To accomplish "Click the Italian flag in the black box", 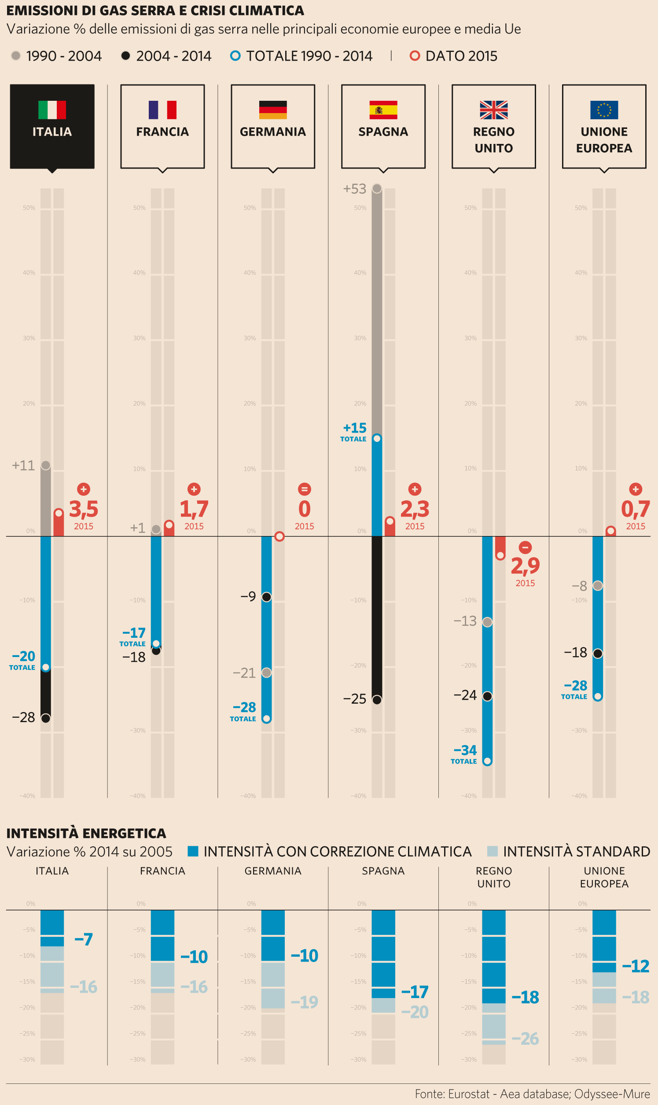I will (x=52, y=110).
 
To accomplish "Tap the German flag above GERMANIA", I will (x=273, y=110).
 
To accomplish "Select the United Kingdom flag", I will (x=493, y=110).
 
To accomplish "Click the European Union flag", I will (x=604, y=110).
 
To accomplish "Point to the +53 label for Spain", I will (x=355, y=189).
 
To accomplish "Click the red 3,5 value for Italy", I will (x=83, y=509).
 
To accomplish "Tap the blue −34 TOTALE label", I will (x=465, y=750).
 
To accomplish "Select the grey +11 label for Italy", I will (x=23, y=466).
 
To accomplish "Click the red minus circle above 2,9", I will (x=525, y=547).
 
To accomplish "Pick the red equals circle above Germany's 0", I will (x=304, y=489).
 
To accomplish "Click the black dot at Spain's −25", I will (x=377, y=700).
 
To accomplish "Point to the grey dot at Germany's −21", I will (x=266, y=673).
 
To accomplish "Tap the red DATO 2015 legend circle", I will (x=415, y=56).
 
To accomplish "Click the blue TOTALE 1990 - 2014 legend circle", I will (x=235, y=56).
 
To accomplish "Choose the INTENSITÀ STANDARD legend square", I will (x=492, y=852).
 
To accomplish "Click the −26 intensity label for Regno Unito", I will (x=525, y=1039).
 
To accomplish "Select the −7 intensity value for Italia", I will (x=83, y=939).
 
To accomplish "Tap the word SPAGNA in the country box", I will (x=383, y=132).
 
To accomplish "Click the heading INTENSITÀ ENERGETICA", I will (x=86, y=833).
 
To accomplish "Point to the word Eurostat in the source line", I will (x=469, y=1094).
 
